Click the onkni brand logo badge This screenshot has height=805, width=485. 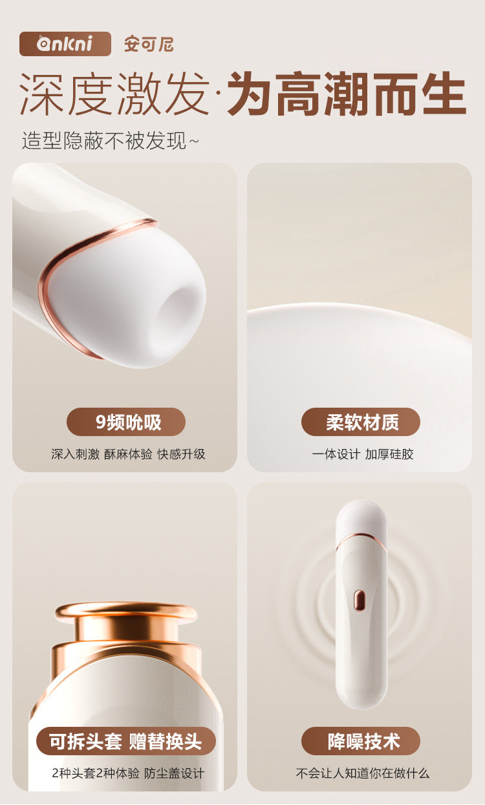(65, 44)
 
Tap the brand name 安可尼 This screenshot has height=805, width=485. (149, 45)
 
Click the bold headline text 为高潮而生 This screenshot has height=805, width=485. (347, 94)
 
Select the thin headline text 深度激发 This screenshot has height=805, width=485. (114, 94)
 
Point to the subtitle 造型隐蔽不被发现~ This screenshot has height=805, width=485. (110, 140)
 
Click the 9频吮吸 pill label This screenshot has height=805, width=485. (126, 422)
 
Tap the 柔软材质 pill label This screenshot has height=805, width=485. (361, 422)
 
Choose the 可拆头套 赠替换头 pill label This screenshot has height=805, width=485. (126, 742)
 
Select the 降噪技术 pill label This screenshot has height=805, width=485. (361, 742)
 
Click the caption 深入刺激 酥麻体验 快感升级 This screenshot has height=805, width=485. (128, 454)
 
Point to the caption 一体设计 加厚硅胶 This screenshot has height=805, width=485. (363, 454)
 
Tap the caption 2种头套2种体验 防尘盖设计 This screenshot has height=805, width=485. (128, 773)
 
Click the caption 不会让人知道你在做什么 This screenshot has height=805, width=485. (363, 773)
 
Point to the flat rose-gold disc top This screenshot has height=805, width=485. (126, 611)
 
